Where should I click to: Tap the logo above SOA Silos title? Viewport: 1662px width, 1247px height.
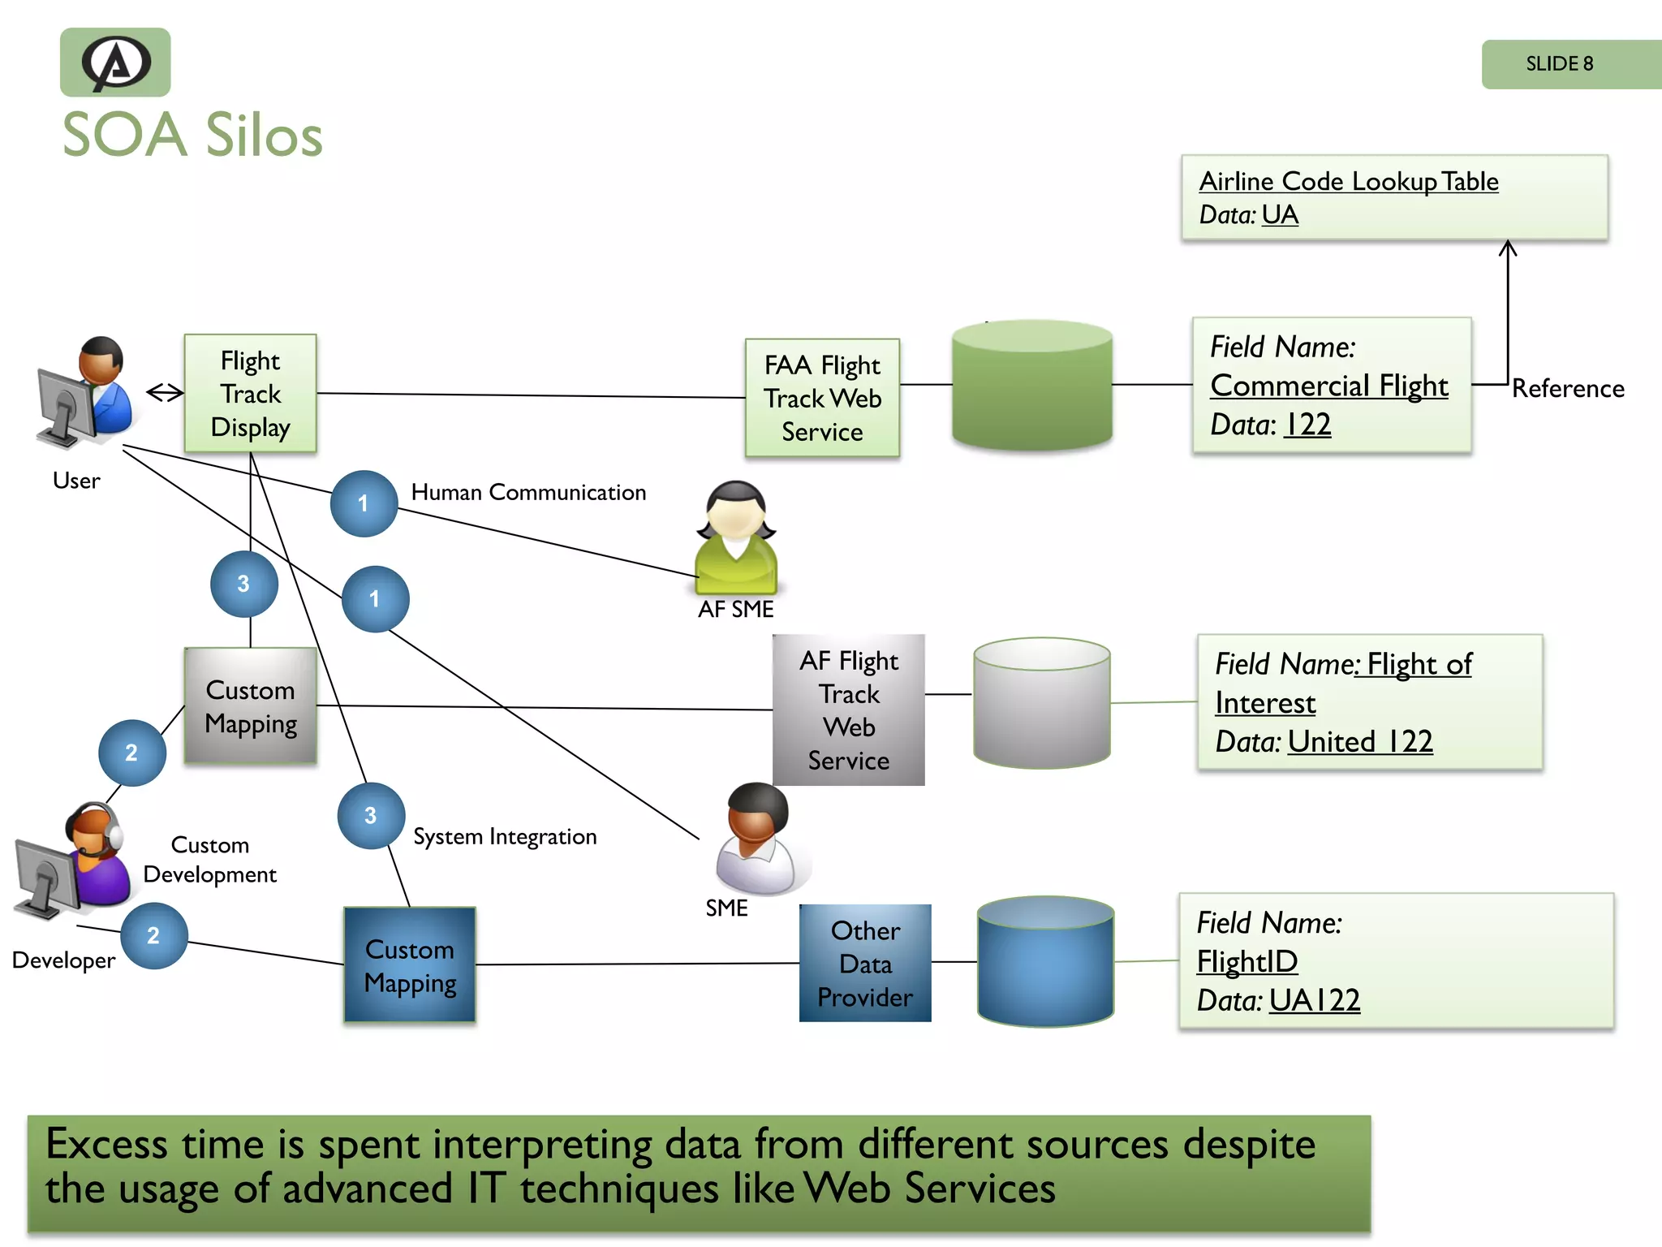[x=115, y=63]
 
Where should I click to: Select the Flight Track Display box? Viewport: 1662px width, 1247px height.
[x=250, y=394]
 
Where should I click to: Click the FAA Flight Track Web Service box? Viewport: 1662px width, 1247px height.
[x=822, y=398]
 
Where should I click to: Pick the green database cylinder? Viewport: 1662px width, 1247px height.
[x=1031, y=386]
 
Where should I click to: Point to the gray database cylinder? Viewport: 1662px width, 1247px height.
[x=1041, y=703]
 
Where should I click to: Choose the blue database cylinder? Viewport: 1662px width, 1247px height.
[x=1045, y=961]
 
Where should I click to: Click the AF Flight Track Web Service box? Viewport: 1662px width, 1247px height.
[x=848, y=710]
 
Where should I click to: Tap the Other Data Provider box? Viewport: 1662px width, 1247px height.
[x=865, y=964]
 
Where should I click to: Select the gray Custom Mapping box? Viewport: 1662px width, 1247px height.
[x=250, y=706]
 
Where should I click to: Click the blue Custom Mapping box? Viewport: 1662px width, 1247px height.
[x=410, y=965]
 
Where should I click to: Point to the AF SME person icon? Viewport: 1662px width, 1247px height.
[x=735, y=537]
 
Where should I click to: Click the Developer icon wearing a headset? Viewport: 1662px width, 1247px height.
[x=77, y=861]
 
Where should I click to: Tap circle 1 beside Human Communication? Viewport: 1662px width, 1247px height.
[x=364, y=503]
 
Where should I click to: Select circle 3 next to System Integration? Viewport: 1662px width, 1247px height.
[x=371, y=816]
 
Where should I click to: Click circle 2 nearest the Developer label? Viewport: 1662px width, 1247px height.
[x=153, y=936]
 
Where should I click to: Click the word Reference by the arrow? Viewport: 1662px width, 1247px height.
[x=1567, y=389]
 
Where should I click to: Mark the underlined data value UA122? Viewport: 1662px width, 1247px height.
[x=1314, y=1000]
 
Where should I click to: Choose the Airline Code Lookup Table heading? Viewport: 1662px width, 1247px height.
[x=1348, y=181]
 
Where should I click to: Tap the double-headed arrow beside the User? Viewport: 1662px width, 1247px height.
[x=165, y=393]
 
